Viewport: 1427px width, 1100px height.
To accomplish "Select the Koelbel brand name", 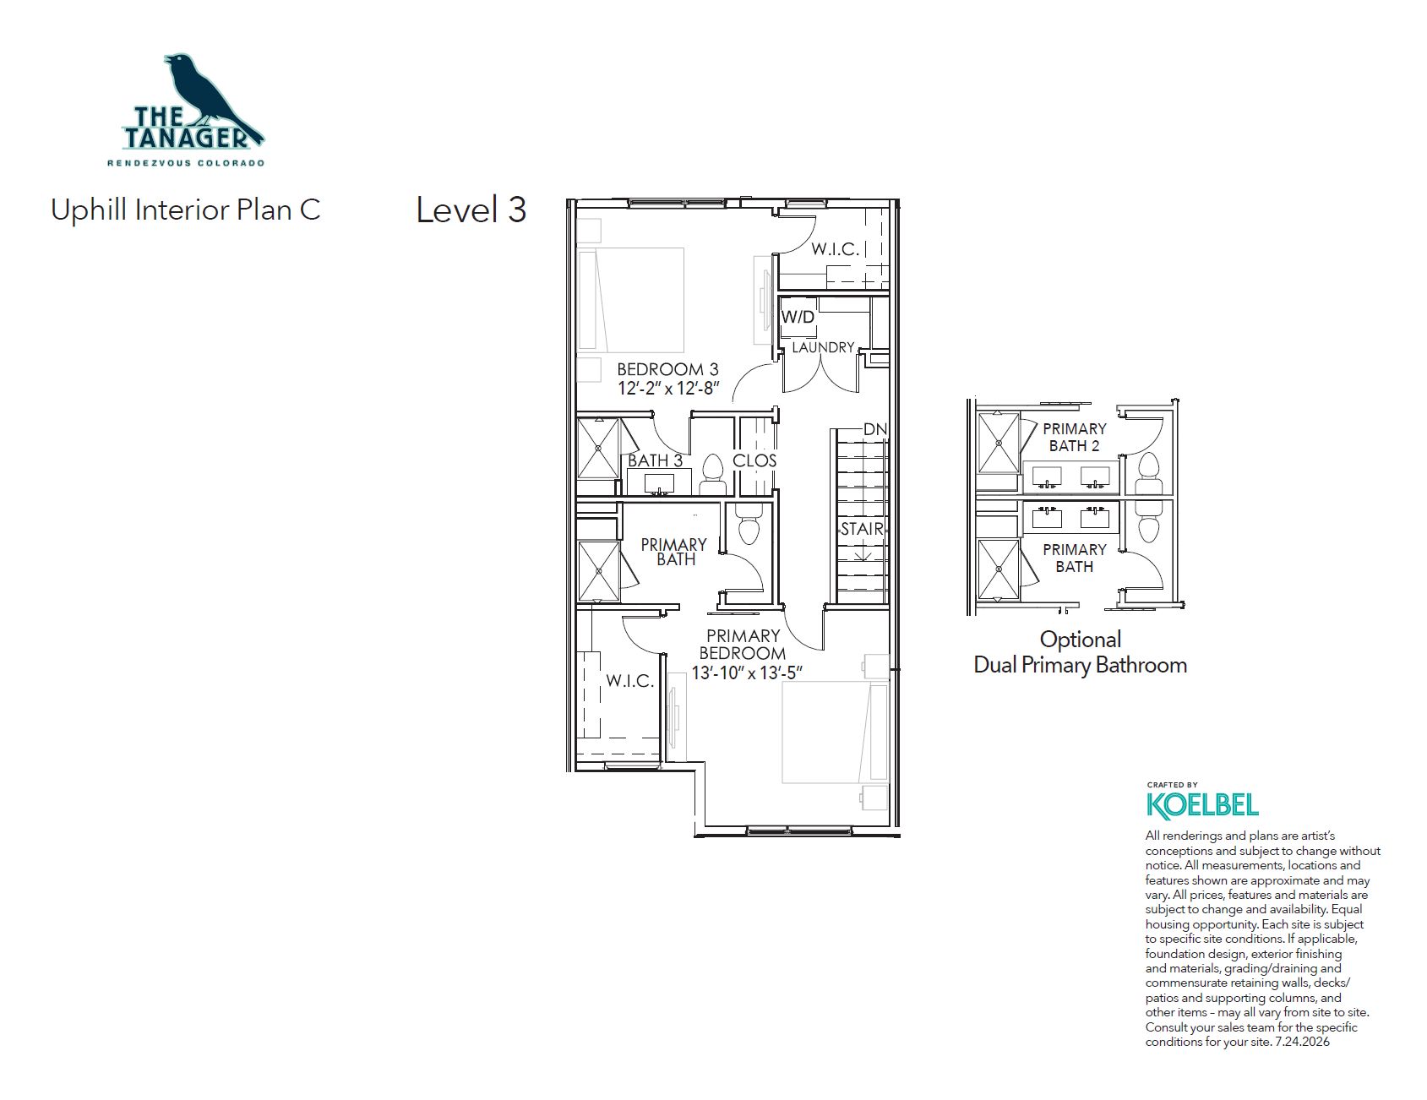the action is pyautogui.click(x=1202, y=805).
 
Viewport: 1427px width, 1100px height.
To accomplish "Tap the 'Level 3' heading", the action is pyautogui.click(x=471, y=210).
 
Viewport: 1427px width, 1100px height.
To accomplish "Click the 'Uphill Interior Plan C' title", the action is pyautogui.click(x=186, y=210).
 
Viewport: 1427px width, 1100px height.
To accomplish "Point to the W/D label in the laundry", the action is pyautogui.click(x=798, y=317).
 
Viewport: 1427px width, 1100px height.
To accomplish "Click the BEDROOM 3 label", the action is pyautogui.click(x=667, y=369).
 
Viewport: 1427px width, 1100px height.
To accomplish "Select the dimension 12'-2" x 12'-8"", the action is pyautogui.click(x=667, y=389).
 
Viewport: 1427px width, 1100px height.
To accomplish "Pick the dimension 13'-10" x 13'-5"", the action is pyautogui.click(x=747, y=673).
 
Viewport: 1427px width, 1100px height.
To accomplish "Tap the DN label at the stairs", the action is pyautogui.click(x=875, y=429).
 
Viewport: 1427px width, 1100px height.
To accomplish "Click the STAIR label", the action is pyautogui.click(x=862, y=529).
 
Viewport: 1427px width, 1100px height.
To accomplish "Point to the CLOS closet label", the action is pyautogui.click(x=754, y=460).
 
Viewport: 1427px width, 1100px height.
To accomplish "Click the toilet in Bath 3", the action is pyautogui.click(x=713, y=475).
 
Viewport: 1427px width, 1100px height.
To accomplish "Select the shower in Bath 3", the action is pyautogui.click(x=598, y=448).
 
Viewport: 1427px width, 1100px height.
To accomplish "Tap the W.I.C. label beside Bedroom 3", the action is pyautogui.click(x=836, y=249).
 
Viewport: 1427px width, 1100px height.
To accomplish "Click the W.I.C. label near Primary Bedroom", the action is pyautogui.click(x=630, y=681).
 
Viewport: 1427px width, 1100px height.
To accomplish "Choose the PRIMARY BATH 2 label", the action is pyautogui.click(x=1075, y=437).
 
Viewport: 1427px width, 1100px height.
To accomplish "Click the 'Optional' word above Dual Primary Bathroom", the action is pyautogui.click(x=1081, y=640).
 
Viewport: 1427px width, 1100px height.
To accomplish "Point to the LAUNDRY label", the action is pyautogui.click(x=823, y=347).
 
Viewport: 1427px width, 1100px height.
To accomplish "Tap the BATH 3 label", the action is pyautogui.click(x=655, y=460).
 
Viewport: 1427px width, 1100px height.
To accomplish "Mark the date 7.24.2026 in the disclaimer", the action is pyautogui.click(x=1301, y=1042).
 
